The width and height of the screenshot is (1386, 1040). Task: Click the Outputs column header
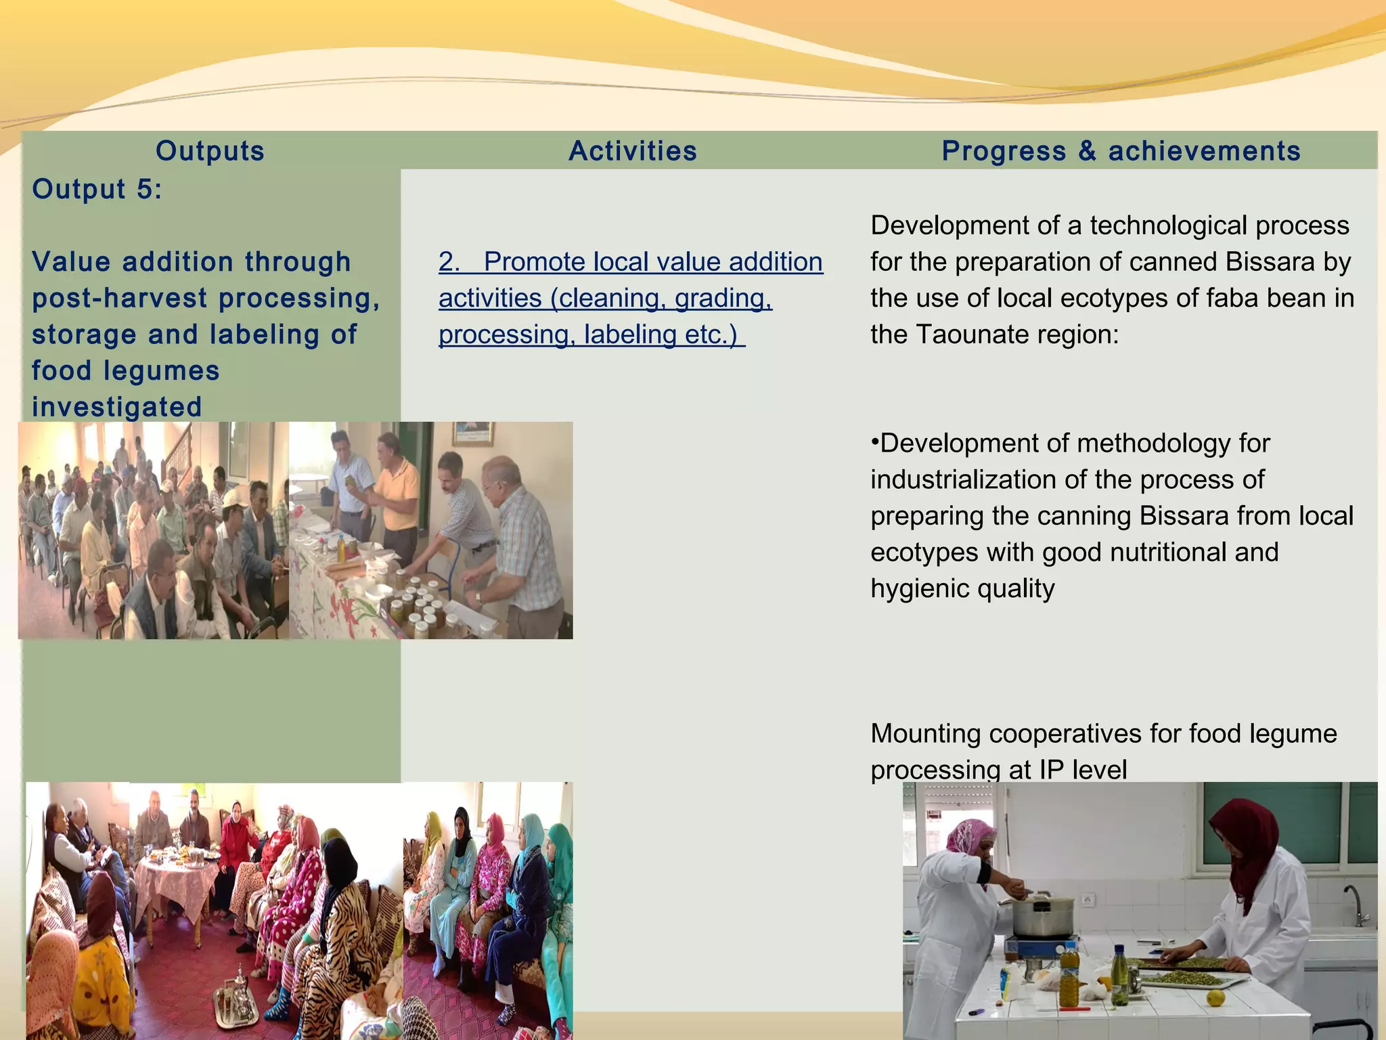point(210,151)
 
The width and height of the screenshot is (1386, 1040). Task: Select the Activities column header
point(633,151)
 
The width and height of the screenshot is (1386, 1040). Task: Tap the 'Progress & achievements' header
point(1121,151)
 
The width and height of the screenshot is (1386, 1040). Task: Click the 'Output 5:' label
point(97,189)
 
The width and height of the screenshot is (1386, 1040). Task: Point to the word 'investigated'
point(117,407)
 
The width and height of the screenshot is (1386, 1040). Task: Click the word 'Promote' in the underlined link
point(534,262)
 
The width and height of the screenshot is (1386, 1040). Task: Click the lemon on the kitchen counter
point(1216,997)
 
